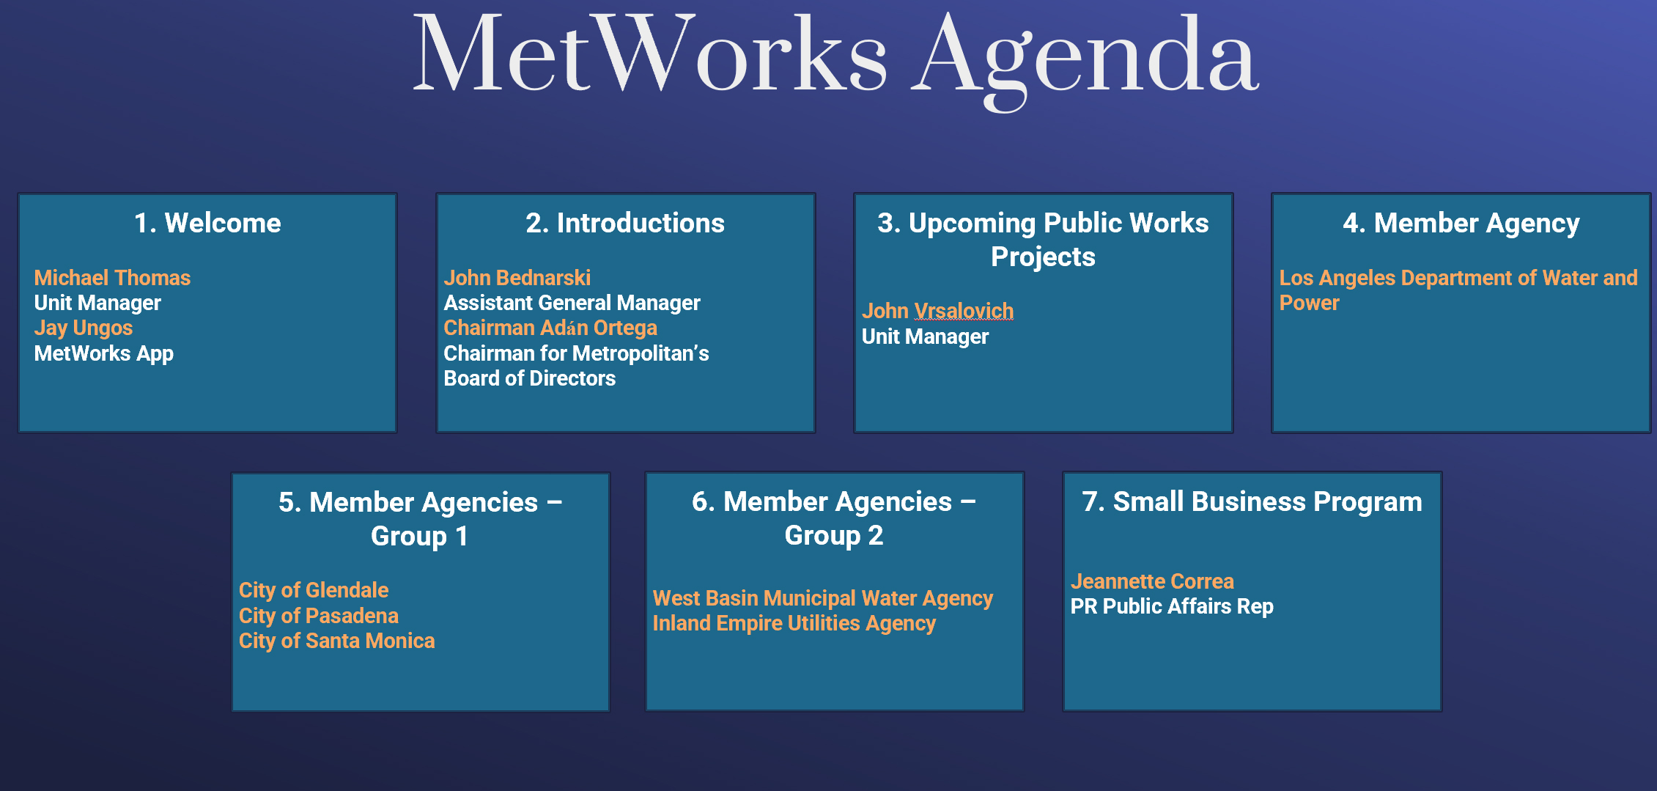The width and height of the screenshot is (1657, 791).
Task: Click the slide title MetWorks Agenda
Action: click(x=835, y=59)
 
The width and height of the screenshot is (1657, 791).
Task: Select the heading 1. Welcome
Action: click(x=207, y=223)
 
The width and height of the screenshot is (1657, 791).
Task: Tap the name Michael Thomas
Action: click(x=112, y=278)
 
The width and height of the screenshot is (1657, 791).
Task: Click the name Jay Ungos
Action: click(x=84, y=328)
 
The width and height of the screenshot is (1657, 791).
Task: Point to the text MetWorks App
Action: click(x=104, y=353)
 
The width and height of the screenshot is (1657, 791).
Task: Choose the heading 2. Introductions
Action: click(x=625, y=223)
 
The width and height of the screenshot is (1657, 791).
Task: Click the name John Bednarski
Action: click(x=517, y=278)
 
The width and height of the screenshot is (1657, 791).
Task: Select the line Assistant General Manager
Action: click(x=572, y=303)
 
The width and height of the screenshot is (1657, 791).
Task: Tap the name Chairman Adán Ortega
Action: click(x=550, y=328)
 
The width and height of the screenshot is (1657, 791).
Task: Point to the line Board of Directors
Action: click(x=530, y=378)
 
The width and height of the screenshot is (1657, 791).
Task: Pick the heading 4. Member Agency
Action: click(x=1461, y=223)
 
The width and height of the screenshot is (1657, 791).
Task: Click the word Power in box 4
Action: click(x=1310, y=303)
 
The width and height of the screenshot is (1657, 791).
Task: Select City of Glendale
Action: click(x=314, y=590)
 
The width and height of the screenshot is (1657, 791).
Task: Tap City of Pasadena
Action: click(x=319, y=616)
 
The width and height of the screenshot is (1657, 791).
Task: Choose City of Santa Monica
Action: click(x=337, y=641)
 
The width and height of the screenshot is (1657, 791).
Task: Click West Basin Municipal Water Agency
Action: click(x=823, y=598)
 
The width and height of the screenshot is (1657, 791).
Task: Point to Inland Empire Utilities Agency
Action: click(x=794, y=623)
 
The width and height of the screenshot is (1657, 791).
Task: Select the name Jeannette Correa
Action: click(x=1152, y=581)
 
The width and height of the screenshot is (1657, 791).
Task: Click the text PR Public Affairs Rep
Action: click(x=1172, y=606)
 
